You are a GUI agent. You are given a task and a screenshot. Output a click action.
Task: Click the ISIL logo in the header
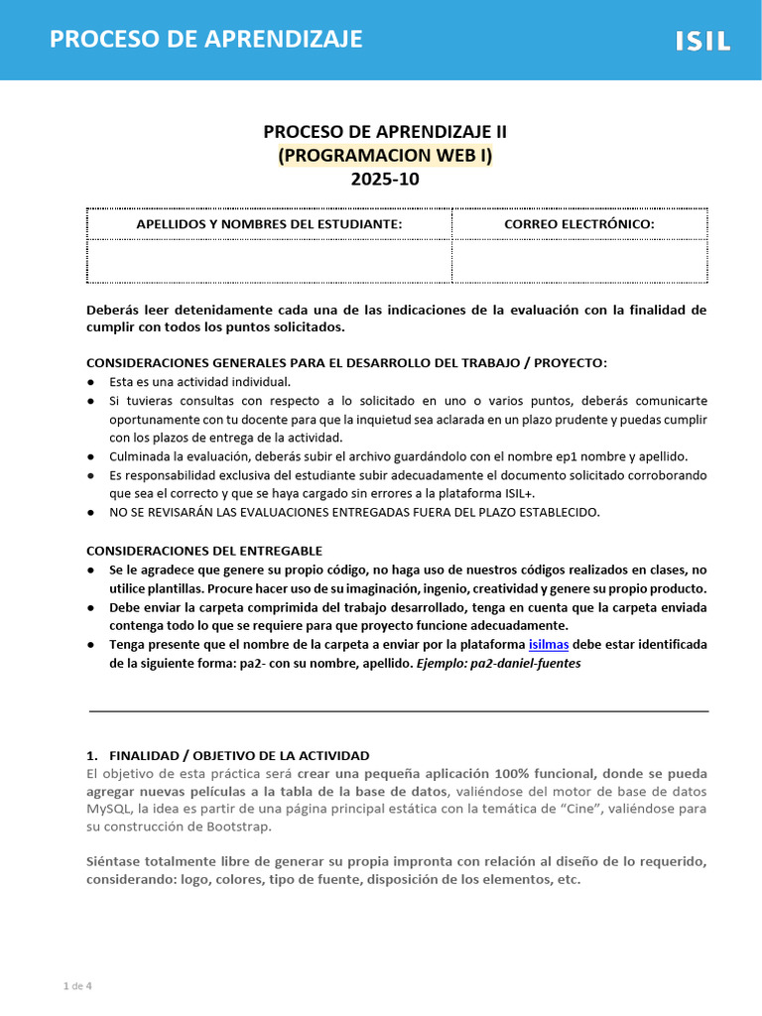pos(702,41)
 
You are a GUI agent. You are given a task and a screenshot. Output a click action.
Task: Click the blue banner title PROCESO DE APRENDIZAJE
pos(206,39)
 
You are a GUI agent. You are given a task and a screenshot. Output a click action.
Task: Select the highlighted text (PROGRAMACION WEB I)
pos(385,155)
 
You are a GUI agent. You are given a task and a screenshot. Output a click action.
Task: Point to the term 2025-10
pos(385,180)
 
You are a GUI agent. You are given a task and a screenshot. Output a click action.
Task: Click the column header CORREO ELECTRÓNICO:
pos(578,224)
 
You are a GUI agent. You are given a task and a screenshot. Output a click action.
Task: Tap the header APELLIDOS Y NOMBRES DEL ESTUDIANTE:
pos(269,224)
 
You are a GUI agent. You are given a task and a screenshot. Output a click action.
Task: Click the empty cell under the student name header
pos(269,260)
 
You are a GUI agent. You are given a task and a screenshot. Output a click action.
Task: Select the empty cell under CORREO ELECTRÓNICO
pos(578,260)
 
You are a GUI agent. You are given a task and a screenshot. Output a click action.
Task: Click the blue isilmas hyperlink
pos(550,644)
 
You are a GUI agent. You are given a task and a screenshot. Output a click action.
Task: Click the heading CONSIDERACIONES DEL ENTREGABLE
pos(204,551)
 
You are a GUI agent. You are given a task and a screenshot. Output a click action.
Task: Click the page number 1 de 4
pos(77,986)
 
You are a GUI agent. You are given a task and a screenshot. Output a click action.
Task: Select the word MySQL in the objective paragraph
pos(106,809)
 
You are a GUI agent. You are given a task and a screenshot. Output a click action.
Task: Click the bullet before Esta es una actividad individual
pos(91,381)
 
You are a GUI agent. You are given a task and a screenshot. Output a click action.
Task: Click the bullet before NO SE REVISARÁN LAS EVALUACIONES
pos(91,513)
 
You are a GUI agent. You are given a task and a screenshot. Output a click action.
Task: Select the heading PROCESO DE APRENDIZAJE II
pos(385,131)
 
